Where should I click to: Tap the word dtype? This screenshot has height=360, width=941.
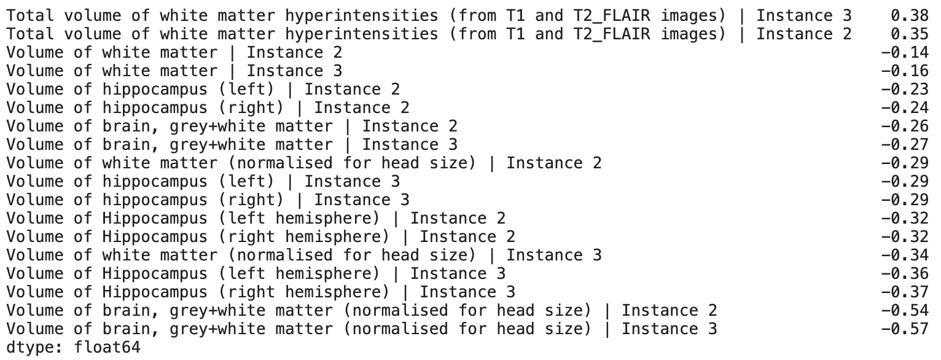click(31, 347)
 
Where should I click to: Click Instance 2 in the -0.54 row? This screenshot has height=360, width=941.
click(670, 310)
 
